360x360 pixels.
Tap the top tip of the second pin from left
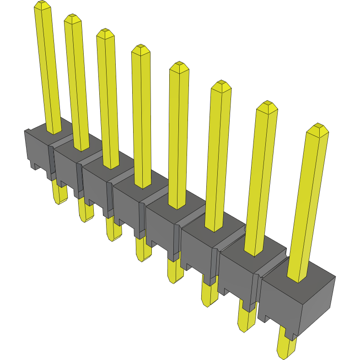[72, 18]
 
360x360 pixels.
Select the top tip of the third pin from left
[105, 32]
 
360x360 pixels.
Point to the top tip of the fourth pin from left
[141, 48]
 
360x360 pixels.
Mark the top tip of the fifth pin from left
[179, 65]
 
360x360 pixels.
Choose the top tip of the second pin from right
[267, 105]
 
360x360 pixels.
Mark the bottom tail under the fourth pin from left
[143, 249]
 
